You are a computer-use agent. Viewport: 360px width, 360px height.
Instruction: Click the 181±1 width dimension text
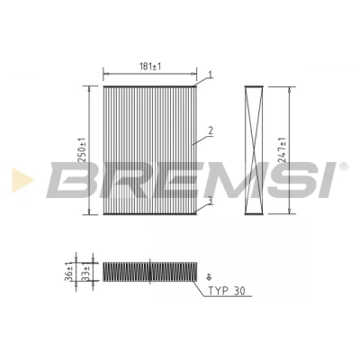point(150,67)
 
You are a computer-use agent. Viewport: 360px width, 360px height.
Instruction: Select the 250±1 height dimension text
point(82,150)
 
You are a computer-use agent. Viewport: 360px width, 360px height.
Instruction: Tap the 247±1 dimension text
point(282,150)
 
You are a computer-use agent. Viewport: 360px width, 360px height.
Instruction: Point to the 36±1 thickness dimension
point(68,272)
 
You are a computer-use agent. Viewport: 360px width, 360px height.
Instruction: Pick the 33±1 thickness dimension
point(85,272)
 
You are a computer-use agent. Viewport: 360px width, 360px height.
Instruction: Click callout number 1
point(211,75)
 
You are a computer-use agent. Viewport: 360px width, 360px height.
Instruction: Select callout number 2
point(211,130)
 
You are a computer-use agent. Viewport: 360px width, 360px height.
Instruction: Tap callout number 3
point(210,201)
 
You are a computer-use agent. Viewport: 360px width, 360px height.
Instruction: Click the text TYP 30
point(227,291)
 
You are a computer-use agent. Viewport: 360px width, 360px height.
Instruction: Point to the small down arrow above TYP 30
point(209,277)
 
